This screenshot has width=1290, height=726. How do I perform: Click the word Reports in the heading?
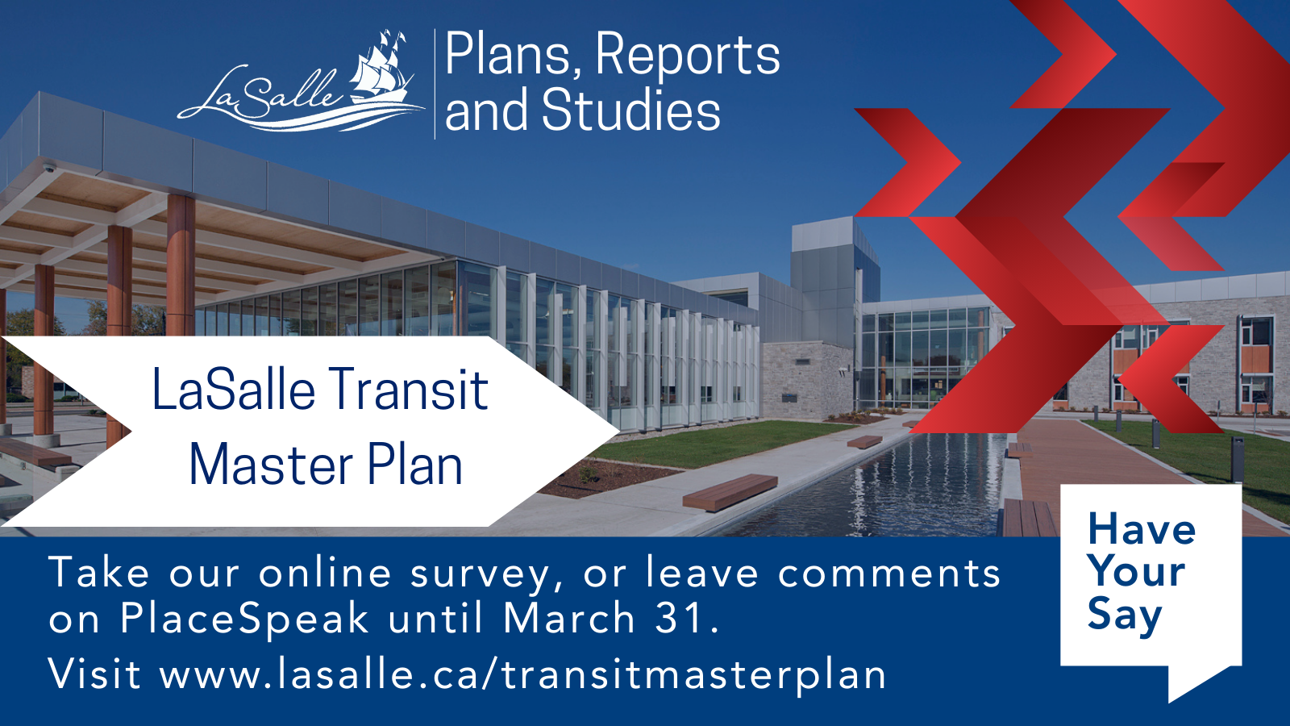tap(687, 55)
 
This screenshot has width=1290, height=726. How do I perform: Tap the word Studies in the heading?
tap(631, 111)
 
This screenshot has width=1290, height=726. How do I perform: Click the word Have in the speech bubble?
tap(1141, 530)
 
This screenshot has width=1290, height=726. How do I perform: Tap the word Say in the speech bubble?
tap(1124, 615)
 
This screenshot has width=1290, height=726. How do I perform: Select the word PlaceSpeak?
tap(244, 619)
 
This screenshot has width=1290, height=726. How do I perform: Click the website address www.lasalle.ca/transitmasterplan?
tap(523, 674)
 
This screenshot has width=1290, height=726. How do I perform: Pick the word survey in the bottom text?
tap(480, 574)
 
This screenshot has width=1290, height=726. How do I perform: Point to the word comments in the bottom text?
tap(889, 574)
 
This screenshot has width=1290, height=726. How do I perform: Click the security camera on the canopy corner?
tap(50, 168)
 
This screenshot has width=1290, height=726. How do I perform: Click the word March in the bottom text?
tap(569, 619)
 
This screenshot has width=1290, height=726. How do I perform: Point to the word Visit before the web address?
tap(95, 674)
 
